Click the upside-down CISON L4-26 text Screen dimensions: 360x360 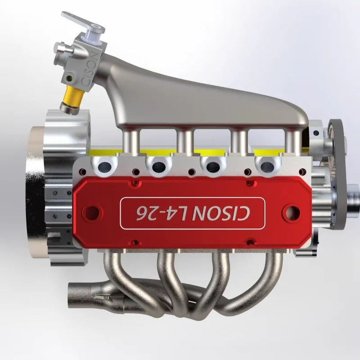(x=193, y=213)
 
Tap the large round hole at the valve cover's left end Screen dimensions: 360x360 (x=92, y=212)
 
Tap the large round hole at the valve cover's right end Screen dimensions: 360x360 (x=291, y=212)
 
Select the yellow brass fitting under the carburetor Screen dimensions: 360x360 (x=72, y=96)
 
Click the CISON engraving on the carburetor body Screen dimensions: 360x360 (x=89, y=69)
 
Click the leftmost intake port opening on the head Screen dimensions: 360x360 (x=105, y=167)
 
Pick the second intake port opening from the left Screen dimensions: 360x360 (x=159, y=167)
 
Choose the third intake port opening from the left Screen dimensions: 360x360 (x=213, y=167)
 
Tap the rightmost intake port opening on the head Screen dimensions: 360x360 (x=267, y=167)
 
